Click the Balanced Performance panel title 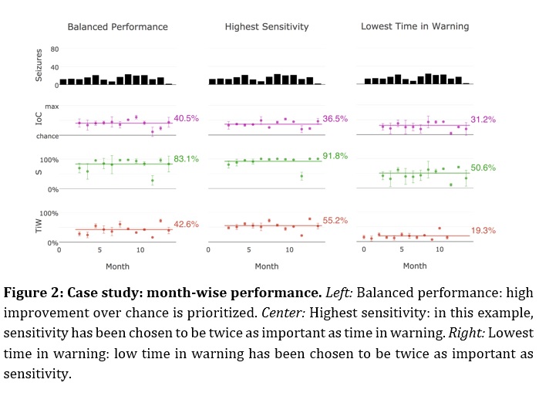(x=117, y=27)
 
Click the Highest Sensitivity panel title (x=267, y=27)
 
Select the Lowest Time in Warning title (x=414, y=27)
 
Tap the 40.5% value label (x=187, y=118)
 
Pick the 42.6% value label (x=186, y=224)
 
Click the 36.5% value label (x=335, y=119)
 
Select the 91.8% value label (x=335, y=155)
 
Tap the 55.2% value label (x=335, y=220)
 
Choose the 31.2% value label (x=483, y=120)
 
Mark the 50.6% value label (x=483, y=168)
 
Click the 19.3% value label (x=483, y=230)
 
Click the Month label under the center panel (x=267, y=266)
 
